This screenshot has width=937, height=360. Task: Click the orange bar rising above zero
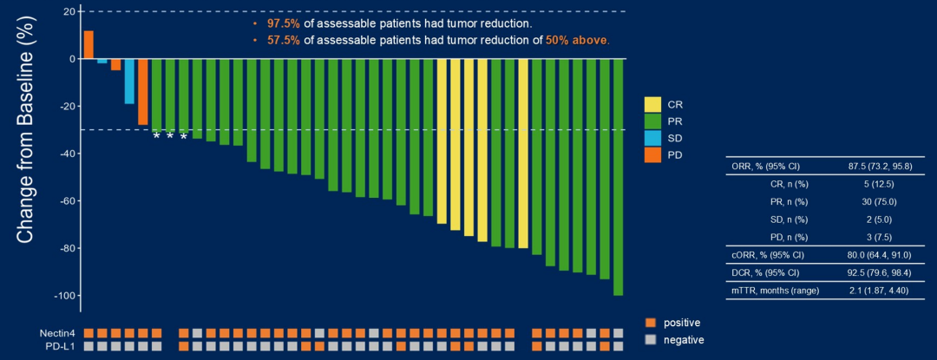click(88, 44)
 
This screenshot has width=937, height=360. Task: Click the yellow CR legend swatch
click(652, 104)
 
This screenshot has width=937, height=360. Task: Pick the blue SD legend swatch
click(652, 138)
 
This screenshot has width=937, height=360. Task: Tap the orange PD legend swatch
click(652, 155)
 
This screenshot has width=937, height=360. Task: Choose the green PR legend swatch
click(652, 121)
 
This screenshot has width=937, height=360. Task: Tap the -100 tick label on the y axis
click(62, 296)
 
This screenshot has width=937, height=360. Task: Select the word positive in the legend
click(682, 323)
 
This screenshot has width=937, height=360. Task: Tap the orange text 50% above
click(577, 40)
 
